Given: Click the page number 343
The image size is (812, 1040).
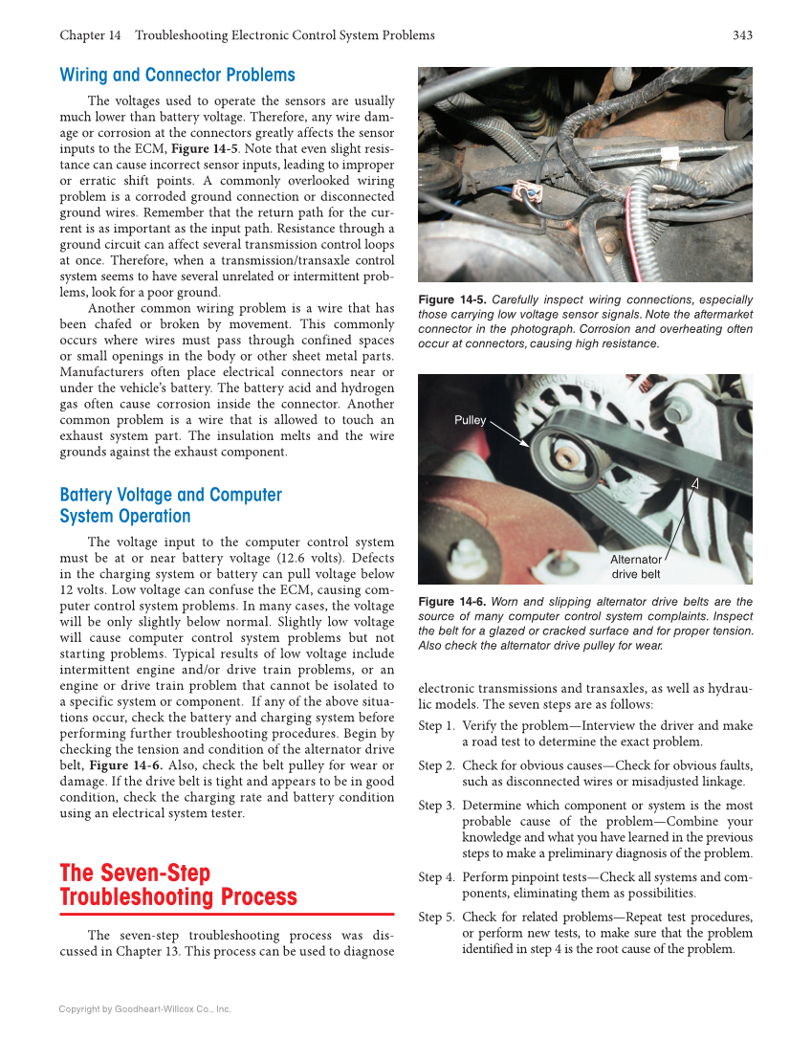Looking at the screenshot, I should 742,35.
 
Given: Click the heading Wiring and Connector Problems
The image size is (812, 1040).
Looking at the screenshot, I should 177,75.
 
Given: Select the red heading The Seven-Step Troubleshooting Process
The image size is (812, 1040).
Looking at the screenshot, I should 178,885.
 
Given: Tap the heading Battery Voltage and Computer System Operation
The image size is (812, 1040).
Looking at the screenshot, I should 170,505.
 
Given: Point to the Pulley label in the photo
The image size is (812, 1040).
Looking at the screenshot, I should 470,420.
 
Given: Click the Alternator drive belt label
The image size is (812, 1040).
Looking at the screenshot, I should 635,566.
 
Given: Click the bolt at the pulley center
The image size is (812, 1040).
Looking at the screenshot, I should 565,453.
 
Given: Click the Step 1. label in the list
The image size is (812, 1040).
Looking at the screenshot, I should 436,726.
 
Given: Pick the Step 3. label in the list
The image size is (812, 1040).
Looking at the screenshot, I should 436,806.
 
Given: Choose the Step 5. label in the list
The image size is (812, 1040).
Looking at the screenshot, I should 436,917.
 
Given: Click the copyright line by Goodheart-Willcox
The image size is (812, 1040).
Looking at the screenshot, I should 144,1008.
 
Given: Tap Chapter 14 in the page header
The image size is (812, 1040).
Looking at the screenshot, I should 90,35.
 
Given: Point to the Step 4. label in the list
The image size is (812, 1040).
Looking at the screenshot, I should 436,877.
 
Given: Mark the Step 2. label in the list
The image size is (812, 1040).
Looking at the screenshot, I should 436,765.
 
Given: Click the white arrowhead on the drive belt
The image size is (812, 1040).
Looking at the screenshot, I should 694,483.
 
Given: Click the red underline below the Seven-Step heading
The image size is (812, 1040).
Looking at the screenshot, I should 226,914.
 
